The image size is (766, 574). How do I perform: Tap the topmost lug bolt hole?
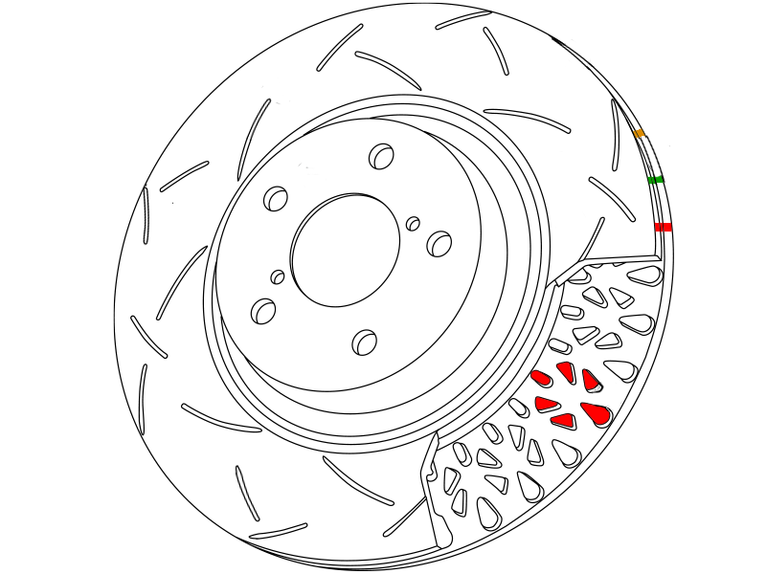(x=382, y=155)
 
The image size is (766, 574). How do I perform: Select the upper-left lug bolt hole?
(x=276, y=199)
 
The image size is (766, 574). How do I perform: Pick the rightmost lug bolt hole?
(x=439, y=243)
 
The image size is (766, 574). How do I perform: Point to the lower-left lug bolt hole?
(x=262, y=310)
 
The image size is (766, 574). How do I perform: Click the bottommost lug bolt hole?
(x=365, y=341)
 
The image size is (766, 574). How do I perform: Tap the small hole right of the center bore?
(x=413, y=224)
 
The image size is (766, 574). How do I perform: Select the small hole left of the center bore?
(x=278, y=277)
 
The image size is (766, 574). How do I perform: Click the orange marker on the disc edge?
(x=639, y=133)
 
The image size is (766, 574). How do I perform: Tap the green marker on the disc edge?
(x=656, y=180)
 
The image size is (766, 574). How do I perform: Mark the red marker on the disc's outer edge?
(x=663, y=227)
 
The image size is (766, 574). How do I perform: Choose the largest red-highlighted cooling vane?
(x=596, y=414)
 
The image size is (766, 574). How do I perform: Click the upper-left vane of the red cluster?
(x=541, y=377)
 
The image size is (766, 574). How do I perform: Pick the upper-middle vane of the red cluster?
(x=566, y=372)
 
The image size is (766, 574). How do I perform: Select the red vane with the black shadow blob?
(x=592, y=381)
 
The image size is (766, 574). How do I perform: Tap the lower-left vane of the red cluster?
(x=546, y=403)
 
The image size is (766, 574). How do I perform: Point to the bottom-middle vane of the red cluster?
(x=562, y=419)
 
